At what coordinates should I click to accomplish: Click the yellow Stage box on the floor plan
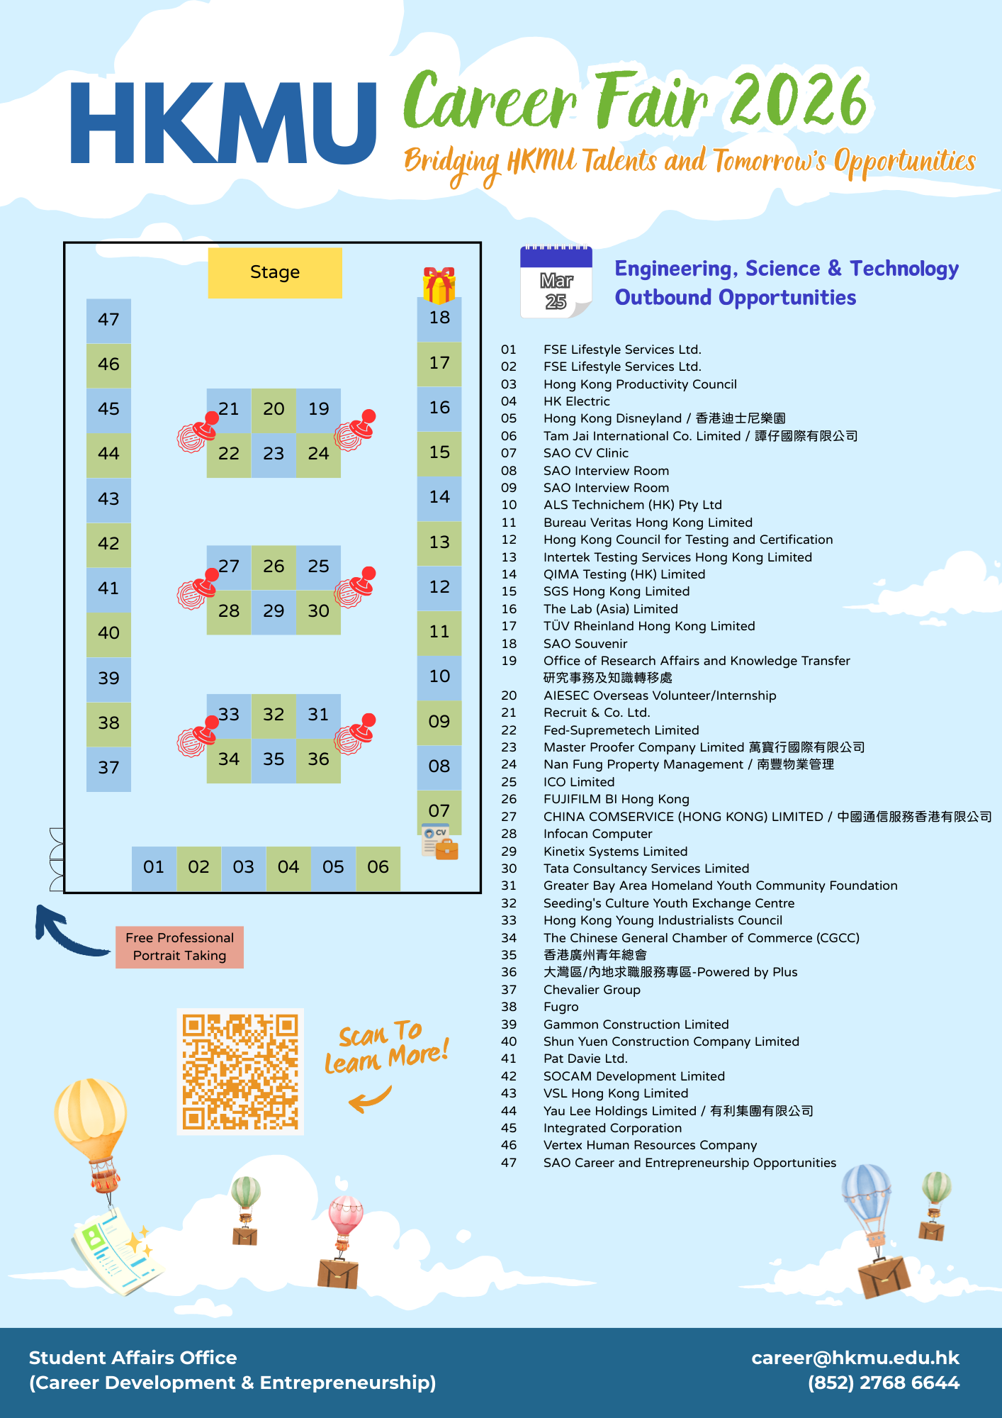click(275, 273)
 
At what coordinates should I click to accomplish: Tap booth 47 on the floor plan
click(108, 320)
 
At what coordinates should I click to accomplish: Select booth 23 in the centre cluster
click(274, 454)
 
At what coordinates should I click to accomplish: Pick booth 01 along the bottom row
click(154, 868)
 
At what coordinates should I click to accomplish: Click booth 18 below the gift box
click(439, 318)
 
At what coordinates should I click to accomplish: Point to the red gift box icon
click(439, 285)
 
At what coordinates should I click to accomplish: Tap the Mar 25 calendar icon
click(556, 282)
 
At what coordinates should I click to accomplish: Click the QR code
click(240, 1071)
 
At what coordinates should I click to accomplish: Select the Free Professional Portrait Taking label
click(180, 947)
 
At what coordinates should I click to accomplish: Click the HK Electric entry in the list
click(577, 401)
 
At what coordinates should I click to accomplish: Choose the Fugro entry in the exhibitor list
click(561, 1007)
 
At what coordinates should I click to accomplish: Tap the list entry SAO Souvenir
click(585, 644)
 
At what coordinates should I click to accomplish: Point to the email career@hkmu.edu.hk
click(855, 1358)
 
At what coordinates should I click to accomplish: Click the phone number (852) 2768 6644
click(884, 1383)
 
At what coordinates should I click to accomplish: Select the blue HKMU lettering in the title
click(223, 124)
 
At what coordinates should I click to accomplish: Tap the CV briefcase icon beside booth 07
click(440, 842)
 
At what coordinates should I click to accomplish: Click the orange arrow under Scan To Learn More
click(370, 1100)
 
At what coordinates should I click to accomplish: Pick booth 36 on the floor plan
click(318, 760)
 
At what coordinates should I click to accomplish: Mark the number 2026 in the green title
click(799, 101)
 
